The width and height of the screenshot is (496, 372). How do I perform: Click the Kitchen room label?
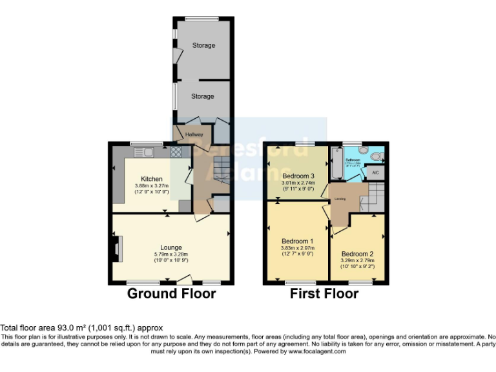click(x=152, y=179)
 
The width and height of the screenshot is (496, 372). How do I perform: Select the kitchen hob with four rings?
click(x=174, y=152)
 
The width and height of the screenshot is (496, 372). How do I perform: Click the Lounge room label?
click(x=171, y=247)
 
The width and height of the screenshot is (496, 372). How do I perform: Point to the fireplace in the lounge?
click(x=116, y=249)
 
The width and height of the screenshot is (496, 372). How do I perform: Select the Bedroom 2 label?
click(x=357, y=254)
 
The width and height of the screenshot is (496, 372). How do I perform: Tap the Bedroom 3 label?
click(x=298, y=176)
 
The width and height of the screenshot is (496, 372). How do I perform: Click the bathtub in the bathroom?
click(x=336, y=163)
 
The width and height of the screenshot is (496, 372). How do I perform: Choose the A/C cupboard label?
click(x=375, y=173)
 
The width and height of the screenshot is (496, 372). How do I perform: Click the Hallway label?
click(x=194, y=134)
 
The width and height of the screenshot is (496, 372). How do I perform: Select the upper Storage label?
click(x=203, y=45)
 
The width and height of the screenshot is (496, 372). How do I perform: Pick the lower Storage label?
click(x=202, y=96)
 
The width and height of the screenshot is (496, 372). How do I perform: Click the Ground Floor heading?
click(x=171, y=294)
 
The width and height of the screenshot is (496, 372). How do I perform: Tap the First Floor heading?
click(x=324, y=294)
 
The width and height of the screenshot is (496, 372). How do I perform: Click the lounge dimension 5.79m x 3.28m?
click(x=171, y=254)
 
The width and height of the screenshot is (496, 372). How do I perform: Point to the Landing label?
click(x=341, y=198)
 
